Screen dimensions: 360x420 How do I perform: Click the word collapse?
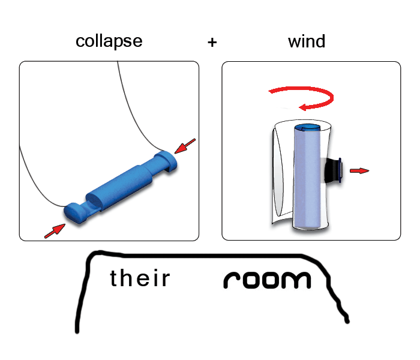pos(109,41)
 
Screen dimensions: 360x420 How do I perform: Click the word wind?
pos(306,41)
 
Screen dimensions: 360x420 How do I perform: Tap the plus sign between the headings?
pos(212,43)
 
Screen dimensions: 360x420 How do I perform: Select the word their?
pos(140,278)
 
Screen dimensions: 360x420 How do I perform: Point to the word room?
pos(268,280)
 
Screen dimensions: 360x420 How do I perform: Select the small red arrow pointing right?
pos(359,171)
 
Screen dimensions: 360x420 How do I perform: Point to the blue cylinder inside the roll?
pos(308,180)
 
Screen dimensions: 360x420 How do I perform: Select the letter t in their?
pos(114,278)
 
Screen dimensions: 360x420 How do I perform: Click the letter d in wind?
pos(320,41)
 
